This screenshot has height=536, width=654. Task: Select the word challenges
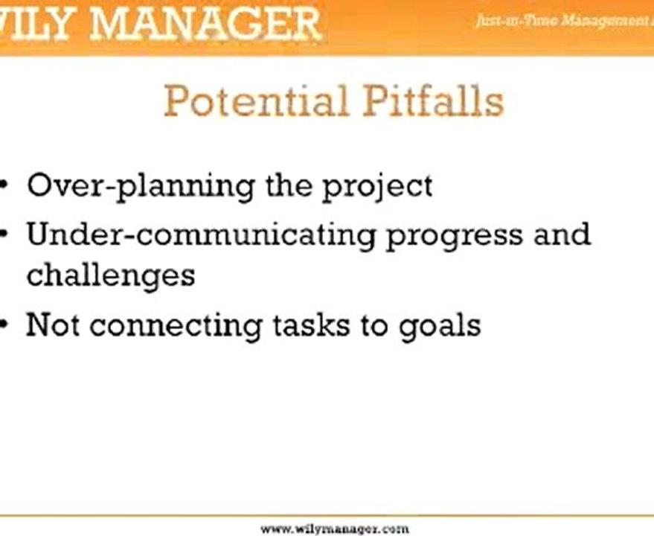111,275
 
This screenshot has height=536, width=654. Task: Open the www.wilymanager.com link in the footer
335,529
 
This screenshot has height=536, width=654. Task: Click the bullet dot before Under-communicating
5,234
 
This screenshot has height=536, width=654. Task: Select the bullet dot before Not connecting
5,325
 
